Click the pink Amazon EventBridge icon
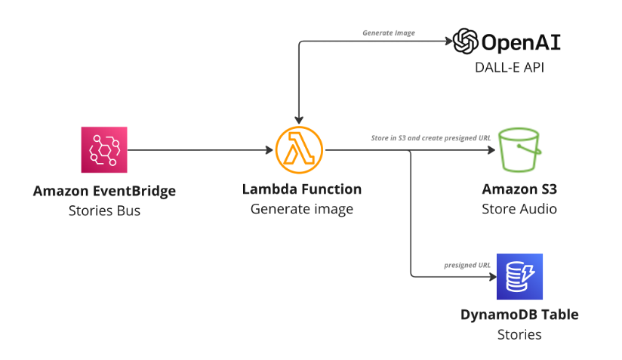coord(104,149)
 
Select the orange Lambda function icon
coord(299,149)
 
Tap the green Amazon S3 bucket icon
coord(519,149)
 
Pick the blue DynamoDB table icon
coord(519,277)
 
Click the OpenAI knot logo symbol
coord(466,41)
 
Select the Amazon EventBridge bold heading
coord(104,191)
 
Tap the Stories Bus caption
coord(104,211)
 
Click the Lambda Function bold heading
coord(301,189)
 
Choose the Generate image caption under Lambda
coord(301,209)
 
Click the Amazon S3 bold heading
coord(519,189)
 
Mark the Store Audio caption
coord(519,208)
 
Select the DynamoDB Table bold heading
coord(519,314)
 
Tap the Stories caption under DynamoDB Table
coord(519,334)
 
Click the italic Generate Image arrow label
coord(389,33)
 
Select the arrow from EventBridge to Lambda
coord(200,150)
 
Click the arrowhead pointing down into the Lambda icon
coord(300,119)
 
